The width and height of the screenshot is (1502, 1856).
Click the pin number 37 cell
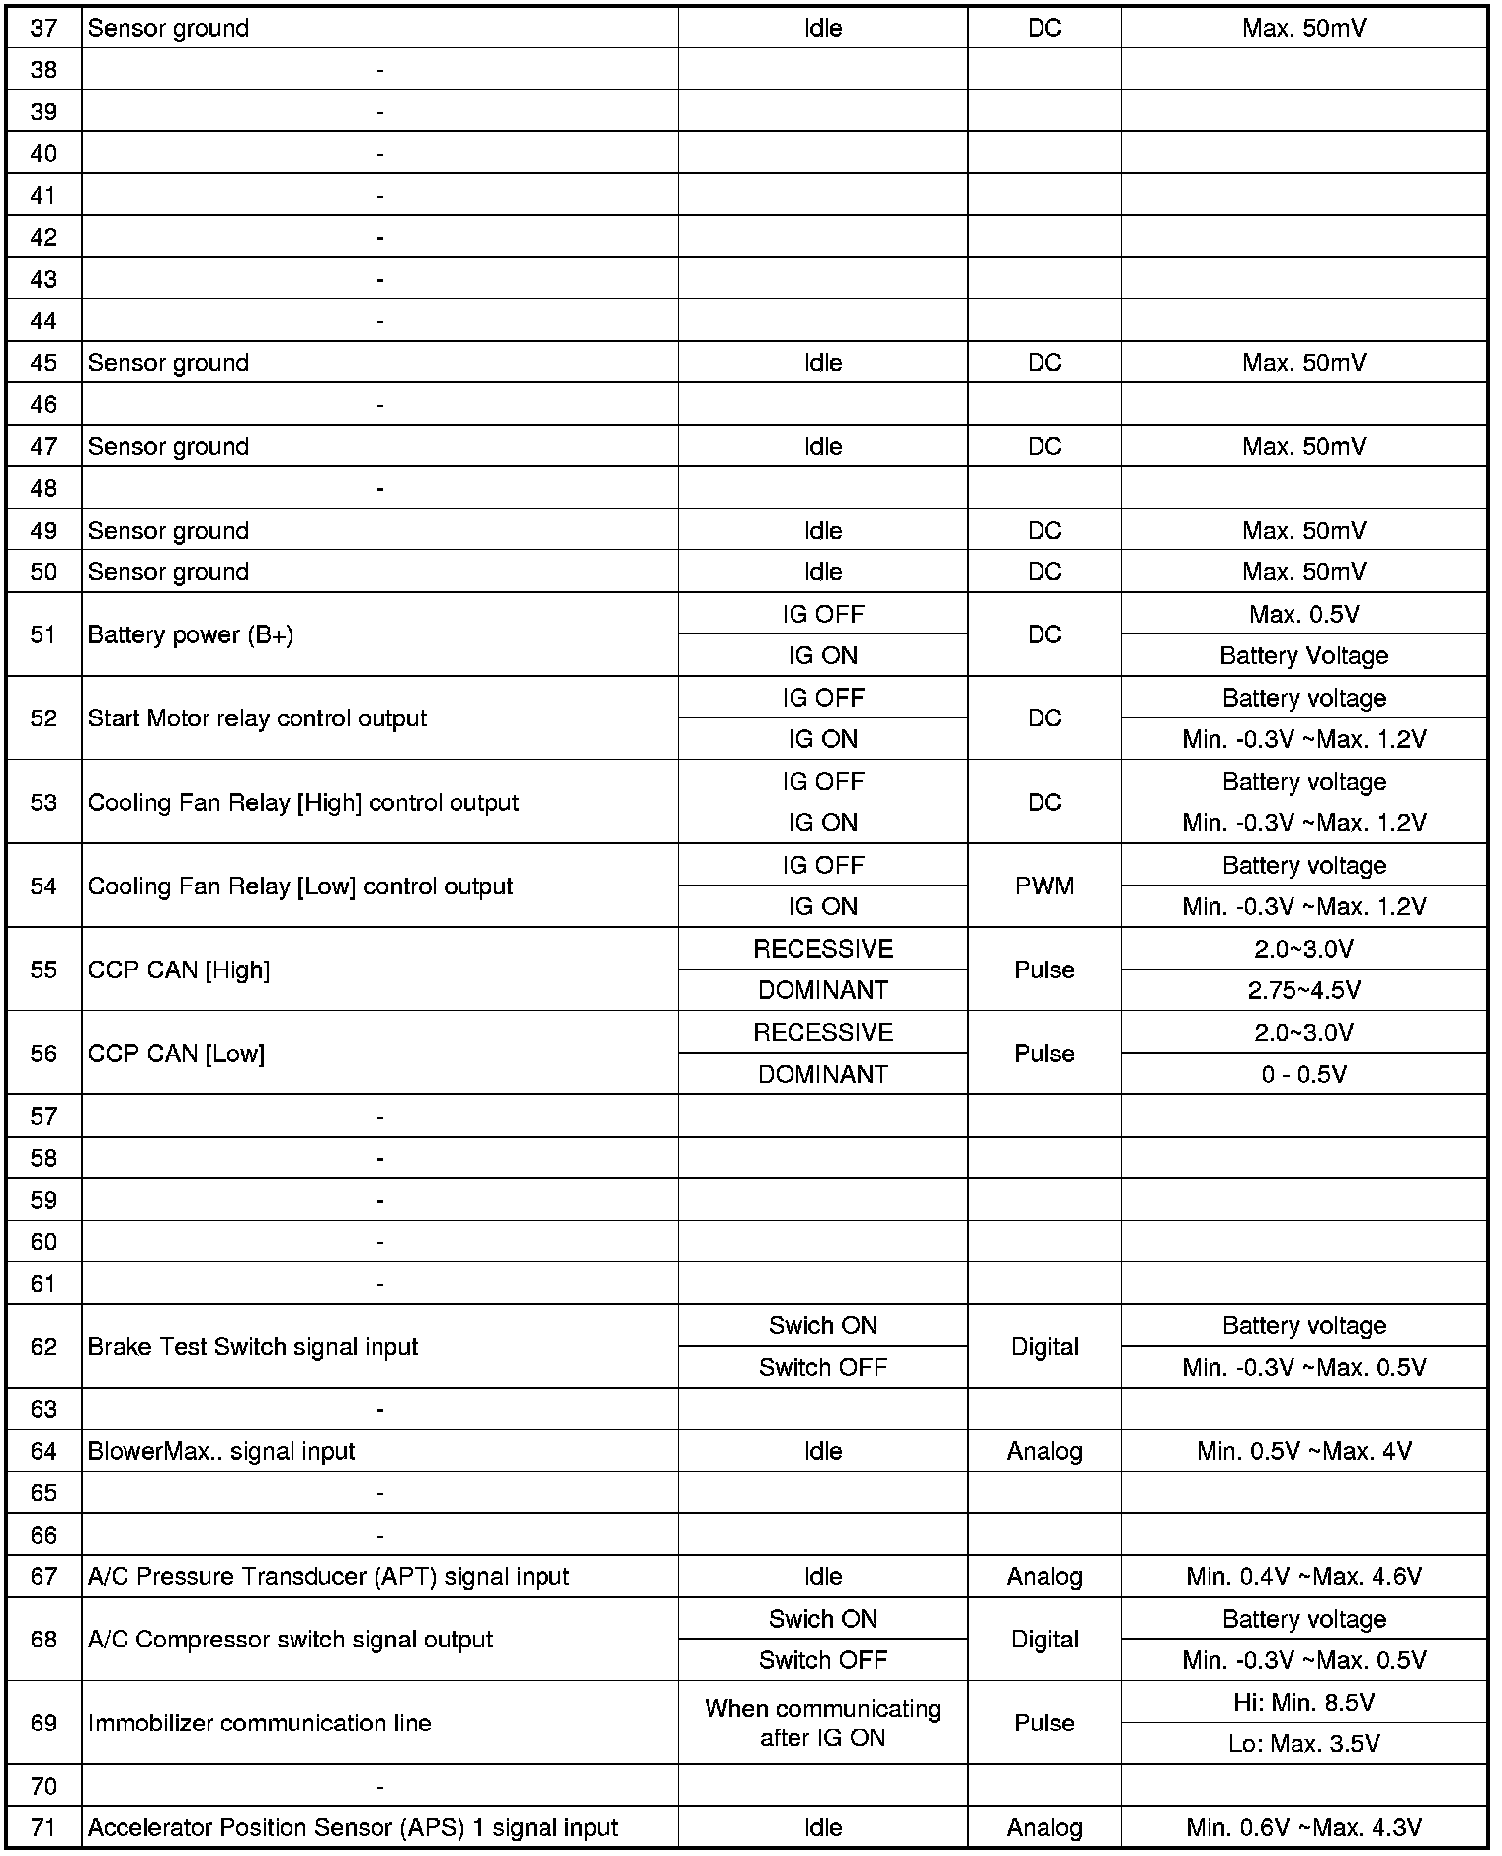coord(43,28)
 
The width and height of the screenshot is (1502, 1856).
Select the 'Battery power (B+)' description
coord(190,634)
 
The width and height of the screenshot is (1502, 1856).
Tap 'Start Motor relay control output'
coord(257,718)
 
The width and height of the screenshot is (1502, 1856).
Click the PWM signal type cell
coord(1043,886)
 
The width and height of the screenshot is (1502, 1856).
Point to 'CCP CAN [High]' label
coord(178,970)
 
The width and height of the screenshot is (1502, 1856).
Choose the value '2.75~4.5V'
coord(1303,990)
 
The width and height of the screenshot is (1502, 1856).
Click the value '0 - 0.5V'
coord(1303,1074)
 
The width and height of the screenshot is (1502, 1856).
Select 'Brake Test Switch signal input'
coord(252,1347)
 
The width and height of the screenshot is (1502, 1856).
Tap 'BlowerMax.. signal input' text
coord(221,1451)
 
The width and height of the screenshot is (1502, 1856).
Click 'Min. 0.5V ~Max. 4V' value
coord(1303,1451)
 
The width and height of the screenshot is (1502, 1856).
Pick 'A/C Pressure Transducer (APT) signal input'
coord(328,1576)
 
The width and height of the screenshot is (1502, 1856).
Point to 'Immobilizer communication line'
coord(259,1723)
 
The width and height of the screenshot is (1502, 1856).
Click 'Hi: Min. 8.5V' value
coord(1303,1702)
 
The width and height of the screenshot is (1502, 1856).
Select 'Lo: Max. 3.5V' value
coord(1303,1743)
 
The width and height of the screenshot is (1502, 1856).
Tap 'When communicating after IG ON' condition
coord(822,1723)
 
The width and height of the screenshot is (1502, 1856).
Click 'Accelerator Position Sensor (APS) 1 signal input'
coord(352,1827)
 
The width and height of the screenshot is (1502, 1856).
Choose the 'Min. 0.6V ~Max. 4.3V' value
coord(1303,1827)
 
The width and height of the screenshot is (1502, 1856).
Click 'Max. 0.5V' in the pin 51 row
coord(1303,614)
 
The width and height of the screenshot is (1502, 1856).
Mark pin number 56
coord(43,1054)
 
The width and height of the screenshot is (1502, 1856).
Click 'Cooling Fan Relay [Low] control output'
coord(299,886)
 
